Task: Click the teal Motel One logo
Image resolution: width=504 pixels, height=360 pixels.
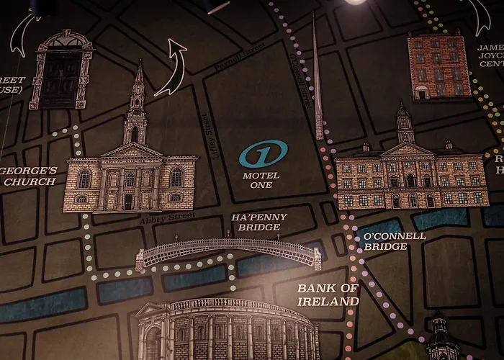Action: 264,154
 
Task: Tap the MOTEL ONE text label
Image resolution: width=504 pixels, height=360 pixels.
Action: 261,180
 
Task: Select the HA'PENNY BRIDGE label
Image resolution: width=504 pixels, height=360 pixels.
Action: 258,222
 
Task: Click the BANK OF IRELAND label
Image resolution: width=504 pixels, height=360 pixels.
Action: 328,295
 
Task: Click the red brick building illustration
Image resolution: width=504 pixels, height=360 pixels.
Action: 438,66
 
